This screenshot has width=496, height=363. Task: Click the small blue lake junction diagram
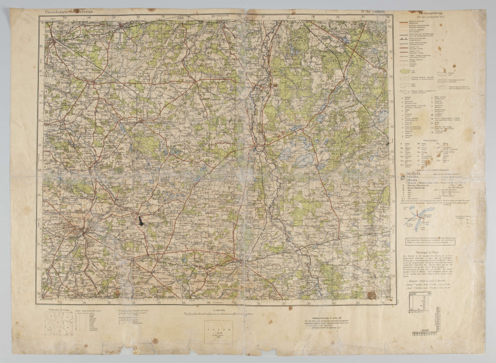[421, 215]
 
